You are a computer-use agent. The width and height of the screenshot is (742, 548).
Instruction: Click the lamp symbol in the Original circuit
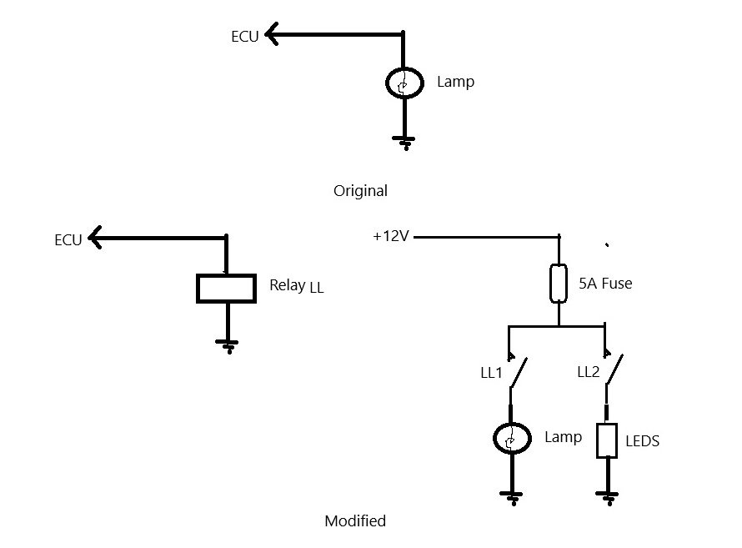(x=404, y=83)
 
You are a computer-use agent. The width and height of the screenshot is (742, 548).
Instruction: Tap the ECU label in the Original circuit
(x=244, y=37)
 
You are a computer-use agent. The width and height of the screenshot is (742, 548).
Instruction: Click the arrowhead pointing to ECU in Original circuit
(x=272, y=34)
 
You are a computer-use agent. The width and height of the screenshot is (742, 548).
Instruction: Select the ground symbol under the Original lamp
(x=404, y=143)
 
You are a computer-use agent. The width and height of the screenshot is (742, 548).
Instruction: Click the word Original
(x=360, y=191)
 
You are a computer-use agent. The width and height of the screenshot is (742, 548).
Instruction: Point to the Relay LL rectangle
(x=226, y=289)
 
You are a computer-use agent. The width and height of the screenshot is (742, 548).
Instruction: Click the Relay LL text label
(x=297, y=286)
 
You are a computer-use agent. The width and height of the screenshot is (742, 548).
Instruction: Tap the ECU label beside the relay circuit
(x=68, y=240)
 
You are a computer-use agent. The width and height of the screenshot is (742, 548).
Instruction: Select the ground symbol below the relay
(x=227, y=346)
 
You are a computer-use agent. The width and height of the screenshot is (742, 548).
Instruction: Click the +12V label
(x=391, y=236)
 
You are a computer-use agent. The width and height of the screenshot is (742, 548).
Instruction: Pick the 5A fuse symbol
(x=559, y=283)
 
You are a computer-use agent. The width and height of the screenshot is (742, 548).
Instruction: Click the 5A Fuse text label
(x=605, y=283)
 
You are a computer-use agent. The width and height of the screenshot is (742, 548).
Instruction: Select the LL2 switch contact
(x=614, y=370)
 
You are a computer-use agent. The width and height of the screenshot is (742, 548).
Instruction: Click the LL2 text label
(x=589, y=372)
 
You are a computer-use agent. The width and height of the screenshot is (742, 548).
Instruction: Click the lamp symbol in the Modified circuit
(x=512, y=438)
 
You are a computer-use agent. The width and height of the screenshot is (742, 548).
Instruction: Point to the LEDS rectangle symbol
(x=607, y=440)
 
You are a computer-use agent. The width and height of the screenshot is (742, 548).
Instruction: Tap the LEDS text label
(x=642, y=441)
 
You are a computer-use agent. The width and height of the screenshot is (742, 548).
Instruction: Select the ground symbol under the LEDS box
(x=607, y=499)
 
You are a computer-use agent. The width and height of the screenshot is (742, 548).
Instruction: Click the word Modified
(x=355, y=521)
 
